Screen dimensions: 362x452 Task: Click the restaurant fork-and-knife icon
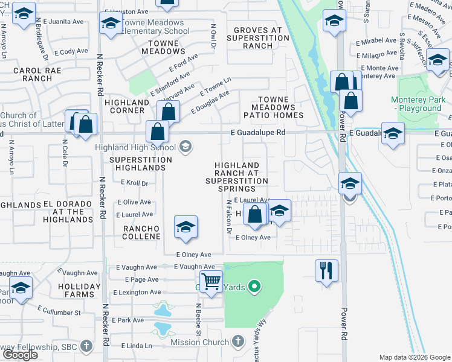[326, 270]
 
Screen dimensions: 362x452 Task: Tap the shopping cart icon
[211, 281]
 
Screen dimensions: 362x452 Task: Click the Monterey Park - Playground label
[416, 104]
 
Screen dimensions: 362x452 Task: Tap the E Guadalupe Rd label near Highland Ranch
[257, 132]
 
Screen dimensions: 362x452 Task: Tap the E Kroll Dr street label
[134, 182]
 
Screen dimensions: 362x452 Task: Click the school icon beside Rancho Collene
[186, 226]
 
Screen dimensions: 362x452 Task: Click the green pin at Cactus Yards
[254, 287]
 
